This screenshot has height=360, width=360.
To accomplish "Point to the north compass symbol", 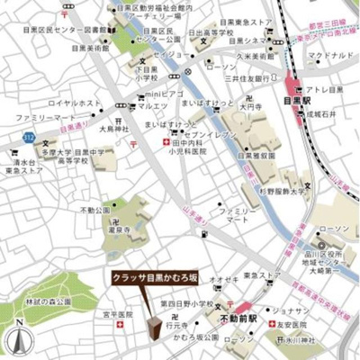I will [x=20, y=338].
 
